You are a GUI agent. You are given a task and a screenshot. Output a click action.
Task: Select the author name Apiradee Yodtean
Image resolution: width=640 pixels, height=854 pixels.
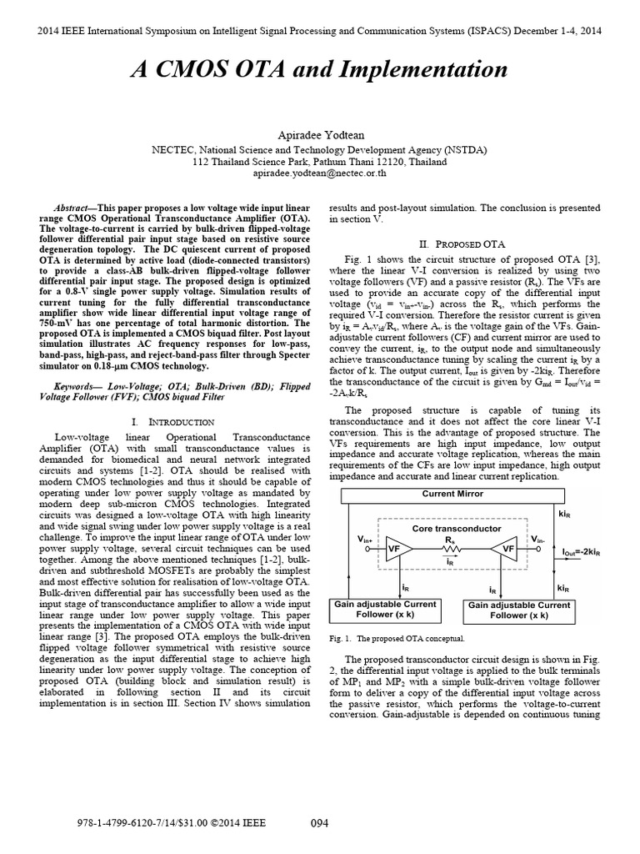coord(320,134)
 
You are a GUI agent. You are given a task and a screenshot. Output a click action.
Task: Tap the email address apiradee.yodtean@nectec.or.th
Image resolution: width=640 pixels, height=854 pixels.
coord(320,173)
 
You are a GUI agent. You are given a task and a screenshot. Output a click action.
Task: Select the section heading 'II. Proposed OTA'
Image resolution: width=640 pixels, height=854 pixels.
coord(462,244)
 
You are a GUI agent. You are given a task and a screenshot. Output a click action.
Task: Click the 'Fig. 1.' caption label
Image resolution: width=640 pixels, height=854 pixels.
coord(342,639)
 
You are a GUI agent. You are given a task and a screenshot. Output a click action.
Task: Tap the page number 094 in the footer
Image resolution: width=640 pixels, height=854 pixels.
coord(319,823)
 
